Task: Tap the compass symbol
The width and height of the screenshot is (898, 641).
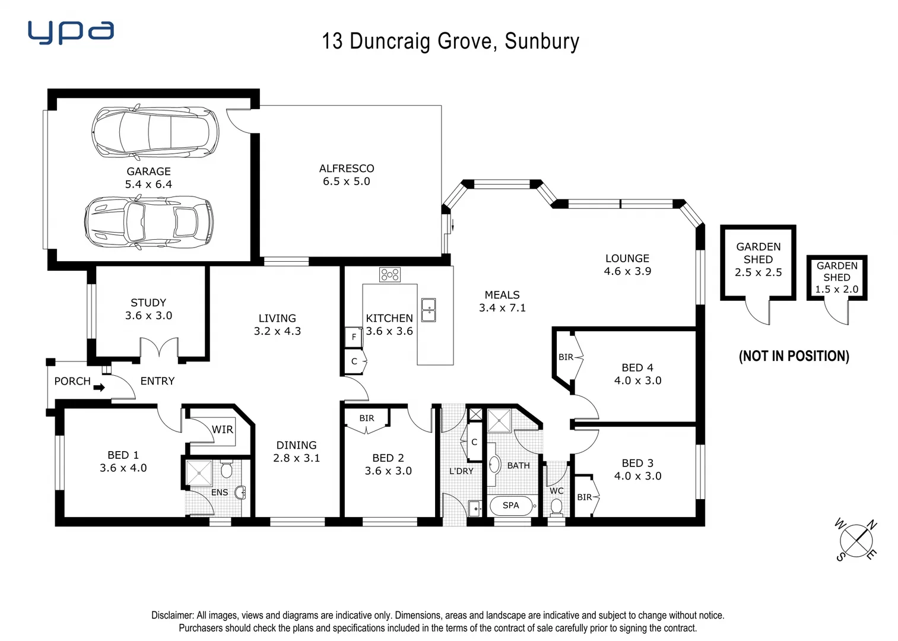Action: (x=856, y=541)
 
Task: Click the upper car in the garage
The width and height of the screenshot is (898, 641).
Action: (x=155, y=133)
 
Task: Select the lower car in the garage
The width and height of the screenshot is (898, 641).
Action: (x=148, y=223)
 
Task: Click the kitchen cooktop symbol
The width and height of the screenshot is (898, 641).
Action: (x=390, y=274)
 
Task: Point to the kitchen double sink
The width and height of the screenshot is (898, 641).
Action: (x=428, y=309)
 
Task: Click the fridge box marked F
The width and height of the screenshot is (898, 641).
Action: (x=354, y=337)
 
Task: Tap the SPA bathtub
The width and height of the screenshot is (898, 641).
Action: (x=511, y=506)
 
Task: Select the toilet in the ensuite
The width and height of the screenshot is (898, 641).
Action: (x=226, y=469)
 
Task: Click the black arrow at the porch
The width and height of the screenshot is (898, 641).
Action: (x=99, y=388)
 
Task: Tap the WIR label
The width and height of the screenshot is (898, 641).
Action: (x=223, y=430)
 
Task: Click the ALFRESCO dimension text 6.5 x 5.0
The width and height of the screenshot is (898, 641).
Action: (x=346, y=182)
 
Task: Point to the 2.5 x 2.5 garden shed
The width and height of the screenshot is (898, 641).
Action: (x=758, y=262)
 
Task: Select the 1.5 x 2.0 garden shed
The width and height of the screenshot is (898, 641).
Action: (x=836, y=278)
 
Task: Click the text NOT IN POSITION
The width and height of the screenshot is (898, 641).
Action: (x=794, y=356)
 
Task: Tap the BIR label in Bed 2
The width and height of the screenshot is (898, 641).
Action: (x=367, y=418)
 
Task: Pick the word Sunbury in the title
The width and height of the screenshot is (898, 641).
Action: (x=541, y=42)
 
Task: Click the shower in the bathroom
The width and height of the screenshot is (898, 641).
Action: (x=499, y=420)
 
